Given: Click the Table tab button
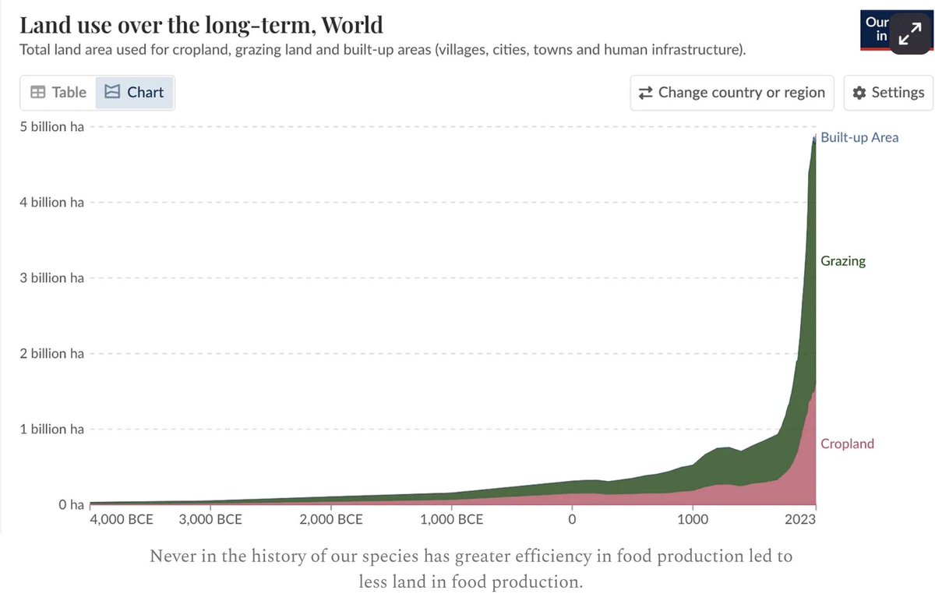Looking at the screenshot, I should tap(58, 93).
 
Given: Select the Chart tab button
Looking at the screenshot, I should tap(135, 93).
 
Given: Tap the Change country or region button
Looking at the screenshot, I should tap(732, 93).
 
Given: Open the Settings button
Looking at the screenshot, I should tap(889, 93).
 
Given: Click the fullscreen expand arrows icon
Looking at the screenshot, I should tap(909, 34).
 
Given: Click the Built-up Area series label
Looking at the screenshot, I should tap(859, 138).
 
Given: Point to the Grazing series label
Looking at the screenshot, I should tap(843, 261).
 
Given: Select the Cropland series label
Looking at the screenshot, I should tap(847, 444).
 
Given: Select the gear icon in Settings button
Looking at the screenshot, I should tap(859, 93).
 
